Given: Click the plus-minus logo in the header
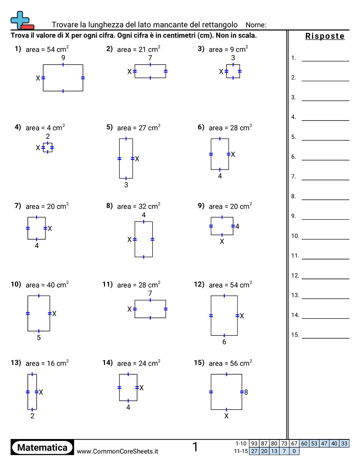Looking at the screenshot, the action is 22,20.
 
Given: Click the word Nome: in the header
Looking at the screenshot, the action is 256,25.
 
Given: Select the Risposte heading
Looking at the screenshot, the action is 325,36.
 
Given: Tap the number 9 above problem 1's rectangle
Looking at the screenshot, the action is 63,58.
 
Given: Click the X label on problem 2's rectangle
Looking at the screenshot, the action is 130,71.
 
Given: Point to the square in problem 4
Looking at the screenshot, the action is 48,148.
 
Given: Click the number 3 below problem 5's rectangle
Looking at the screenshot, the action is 126,185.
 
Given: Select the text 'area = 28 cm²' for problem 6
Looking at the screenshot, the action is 230,128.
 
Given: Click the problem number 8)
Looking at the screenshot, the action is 109,206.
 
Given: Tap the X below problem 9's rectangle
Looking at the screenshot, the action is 222,242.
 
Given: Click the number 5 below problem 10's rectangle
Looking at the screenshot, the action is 39,338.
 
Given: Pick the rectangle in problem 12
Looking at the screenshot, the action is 224,316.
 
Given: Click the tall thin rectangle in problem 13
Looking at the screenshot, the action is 32,392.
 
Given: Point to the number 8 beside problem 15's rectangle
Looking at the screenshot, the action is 246,392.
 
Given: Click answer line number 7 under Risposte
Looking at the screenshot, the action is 326,180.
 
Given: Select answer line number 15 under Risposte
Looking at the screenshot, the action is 326,338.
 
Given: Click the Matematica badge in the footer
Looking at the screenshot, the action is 42,447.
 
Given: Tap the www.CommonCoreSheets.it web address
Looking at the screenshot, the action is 117,451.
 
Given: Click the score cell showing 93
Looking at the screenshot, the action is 254,443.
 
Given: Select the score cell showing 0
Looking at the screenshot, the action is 294,451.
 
